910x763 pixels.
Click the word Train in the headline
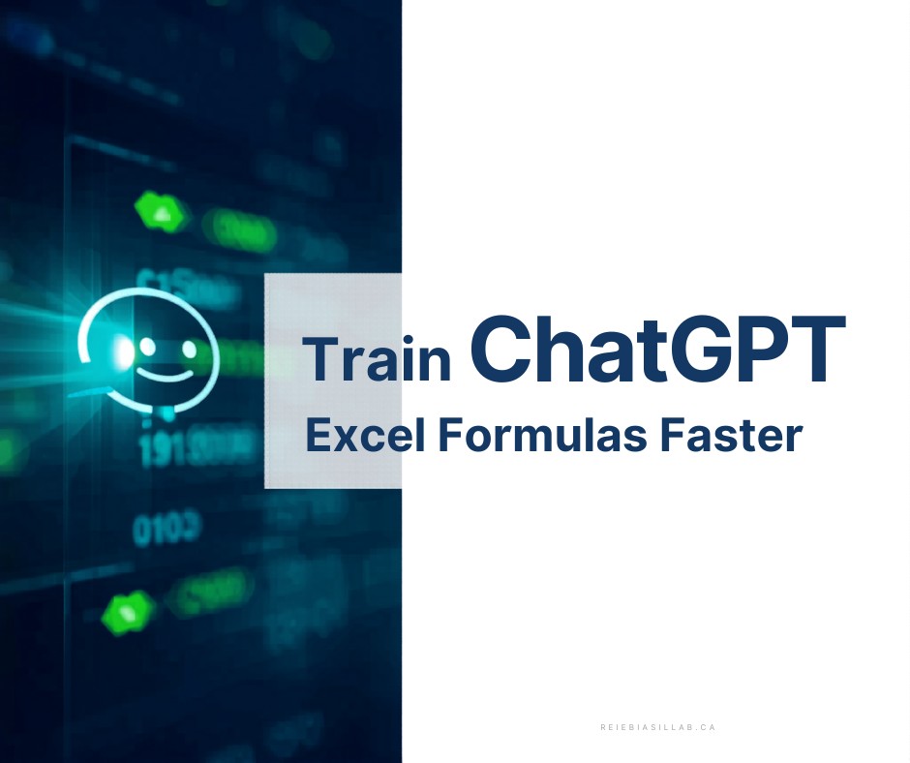click(x=379, y=359)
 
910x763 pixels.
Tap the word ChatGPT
click(x=657, y=347)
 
